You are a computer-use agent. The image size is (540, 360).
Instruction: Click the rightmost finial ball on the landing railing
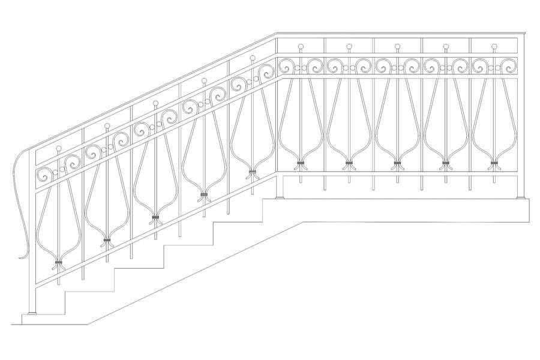[494, 46]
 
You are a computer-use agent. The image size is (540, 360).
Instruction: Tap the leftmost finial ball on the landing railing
[301, 46]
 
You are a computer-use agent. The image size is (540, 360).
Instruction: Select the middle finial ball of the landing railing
[397, 46]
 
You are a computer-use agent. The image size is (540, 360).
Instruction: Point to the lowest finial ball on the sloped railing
[58, 148]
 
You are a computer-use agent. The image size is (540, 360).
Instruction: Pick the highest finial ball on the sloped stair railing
[252, 58]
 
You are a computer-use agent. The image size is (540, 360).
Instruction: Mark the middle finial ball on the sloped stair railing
[155, 103]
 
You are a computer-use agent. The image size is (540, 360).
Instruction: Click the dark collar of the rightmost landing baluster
[494, 163]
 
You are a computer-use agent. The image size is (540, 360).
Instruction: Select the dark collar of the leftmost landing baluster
[301, 163]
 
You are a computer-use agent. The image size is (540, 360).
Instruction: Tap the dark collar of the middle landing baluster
[397, 163]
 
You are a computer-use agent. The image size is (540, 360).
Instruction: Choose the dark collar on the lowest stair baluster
[58, 263]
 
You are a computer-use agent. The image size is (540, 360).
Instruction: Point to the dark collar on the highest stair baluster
[252, 173]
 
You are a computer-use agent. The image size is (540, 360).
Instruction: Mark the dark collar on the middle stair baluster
[155, 217]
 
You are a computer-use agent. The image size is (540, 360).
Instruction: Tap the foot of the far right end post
[520, 196]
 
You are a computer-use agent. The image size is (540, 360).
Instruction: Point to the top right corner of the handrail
[524, 34]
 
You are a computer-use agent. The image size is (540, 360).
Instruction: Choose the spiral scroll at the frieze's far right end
[508, 65]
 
